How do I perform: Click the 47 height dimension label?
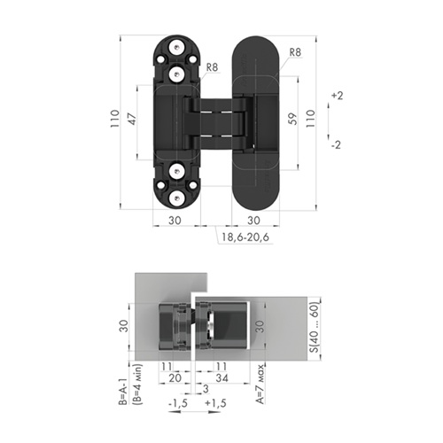click(133, 119)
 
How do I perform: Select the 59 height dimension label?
click(292, 119)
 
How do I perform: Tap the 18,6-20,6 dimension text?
click(245, 237)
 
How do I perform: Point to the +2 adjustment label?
click(337, 96)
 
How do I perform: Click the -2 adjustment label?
click(337, 145)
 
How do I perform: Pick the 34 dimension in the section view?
click(221, 377)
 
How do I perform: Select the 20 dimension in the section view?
click(175, 377)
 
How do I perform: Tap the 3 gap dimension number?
click(206, 389)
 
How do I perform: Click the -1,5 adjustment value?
click(178, 403)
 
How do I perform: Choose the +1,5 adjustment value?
click(215, 403)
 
